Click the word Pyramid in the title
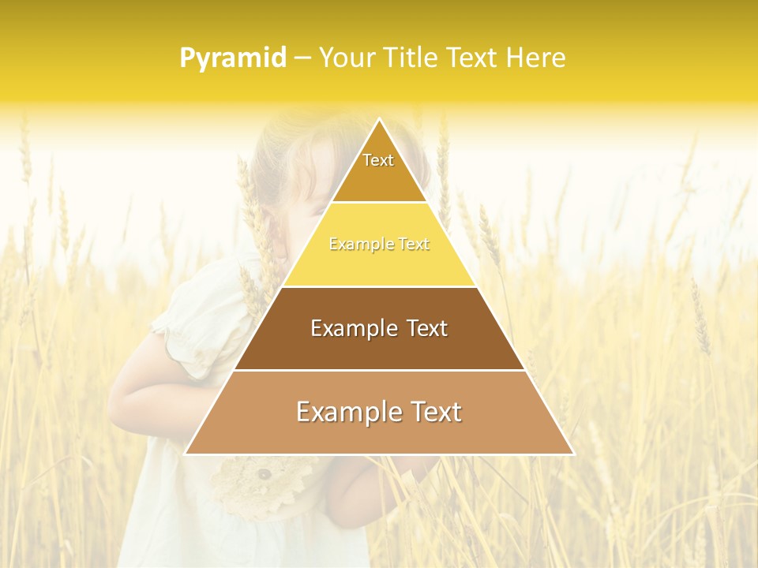tap(233, 58)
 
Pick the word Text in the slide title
tap(473, 58)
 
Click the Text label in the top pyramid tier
tap(378, 160)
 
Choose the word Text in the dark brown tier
tap(427, 328)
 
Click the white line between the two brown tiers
tap(380, 370)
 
